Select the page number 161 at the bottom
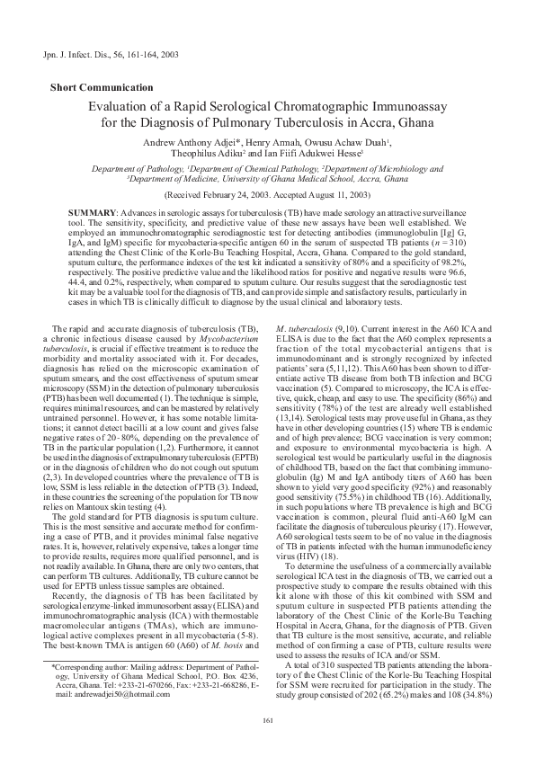[x=267, y=719]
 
